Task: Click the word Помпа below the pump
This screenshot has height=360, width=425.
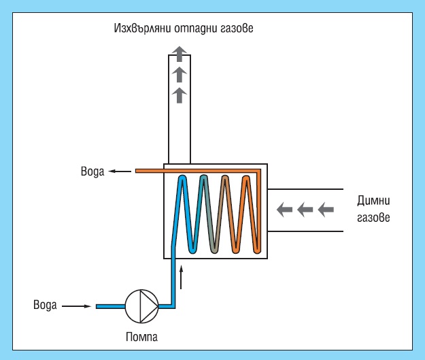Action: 141,336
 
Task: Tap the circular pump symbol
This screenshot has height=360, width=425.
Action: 141,307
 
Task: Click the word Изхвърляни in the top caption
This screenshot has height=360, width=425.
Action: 144,29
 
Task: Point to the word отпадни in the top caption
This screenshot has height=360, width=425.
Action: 197,29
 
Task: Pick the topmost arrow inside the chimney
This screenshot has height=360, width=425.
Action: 179,52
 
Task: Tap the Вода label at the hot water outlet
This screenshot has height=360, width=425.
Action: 90,171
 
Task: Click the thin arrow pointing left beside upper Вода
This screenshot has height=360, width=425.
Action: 122,171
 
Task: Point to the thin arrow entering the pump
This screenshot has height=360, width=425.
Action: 76,306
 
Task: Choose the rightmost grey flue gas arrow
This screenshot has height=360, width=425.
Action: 326,210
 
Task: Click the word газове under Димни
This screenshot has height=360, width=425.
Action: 373,219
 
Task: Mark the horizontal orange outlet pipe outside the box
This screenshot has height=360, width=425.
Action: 150,171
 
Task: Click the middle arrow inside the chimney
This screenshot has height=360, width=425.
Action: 179,73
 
